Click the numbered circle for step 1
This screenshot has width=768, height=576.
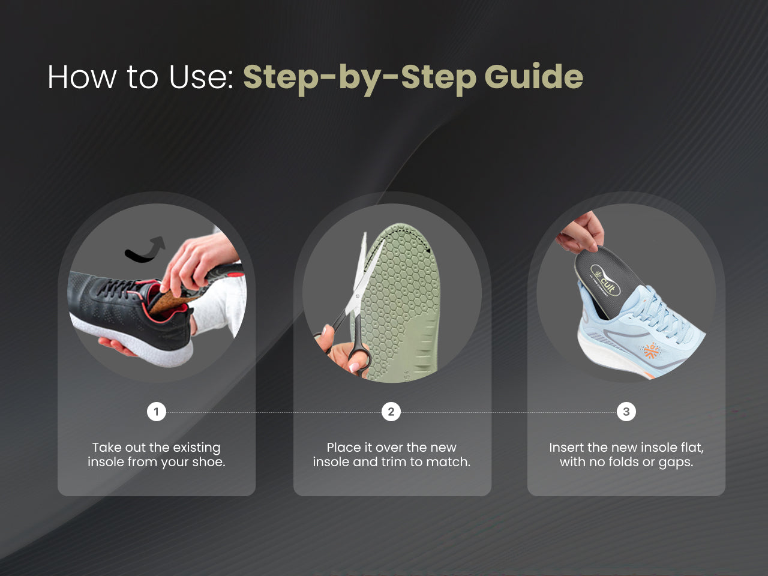click(x=157, y=412)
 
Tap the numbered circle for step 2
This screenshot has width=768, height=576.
click(x=391, y=412)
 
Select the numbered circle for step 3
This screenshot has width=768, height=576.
click(x=626, y=412)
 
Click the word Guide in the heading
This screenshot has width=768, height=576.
click(x=534, y=77)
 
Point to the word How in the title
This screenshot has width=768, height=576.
click(x=82, y=77)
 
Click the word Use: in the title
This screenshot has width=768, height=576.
click(x=201, y=77)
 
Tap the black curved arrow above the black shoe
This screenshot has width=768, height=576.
click(x=145, y=250)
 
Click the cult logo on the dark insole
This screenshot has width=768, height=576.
click(x=605, y=280)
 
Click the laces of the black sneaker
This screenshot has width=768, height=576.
click(x=119, y=287)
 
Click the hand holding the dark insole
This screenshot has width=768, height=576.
click(x=580, y=233)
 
